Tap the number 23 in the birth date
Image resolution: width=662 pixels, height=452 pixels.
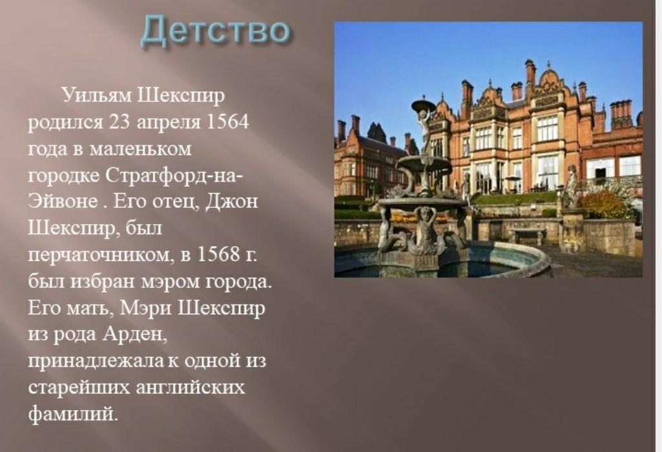[119, 122]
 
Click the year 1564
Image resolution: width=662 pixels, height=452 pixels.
[227, 121]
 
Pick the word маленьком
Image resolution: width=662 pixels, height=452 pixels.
[141, 149]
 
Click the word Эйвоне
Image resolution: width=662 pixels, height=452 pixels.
[63, 201]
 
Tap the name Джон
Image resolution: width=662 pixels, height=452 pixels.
[231, 202]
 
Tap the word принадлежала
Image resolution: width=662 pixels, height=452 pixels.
[96, 362]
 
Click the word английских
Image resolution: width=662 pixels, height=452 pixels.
[191, 388]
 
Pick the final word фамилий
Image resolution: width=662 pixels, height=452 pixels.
[72, 414]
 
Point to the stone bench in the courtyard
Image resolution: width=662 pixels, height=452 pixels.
[528, 236]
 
